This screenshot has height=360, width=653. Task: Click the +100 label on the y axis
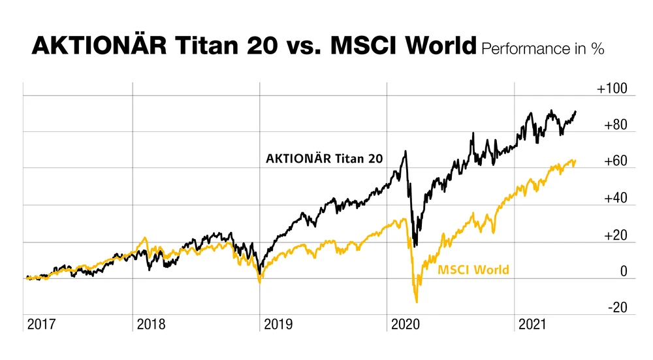pyautogui.click(x=612, y=89)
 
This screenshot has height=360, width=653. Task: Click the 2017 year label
pyautogui.click(x=41, y=325)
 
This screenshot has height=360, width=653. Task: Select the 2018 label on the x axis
pyautogui.click(x=151, y=325)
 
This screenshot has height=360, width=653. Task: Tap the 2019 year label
pyautogui.click(x=279, y=325)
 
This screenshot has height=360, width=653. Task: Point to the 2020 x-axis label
pyautogui.click(x=406, y=325)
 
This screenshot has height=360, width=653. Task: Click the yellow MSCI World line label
pyautogui.click(x=473, y=269)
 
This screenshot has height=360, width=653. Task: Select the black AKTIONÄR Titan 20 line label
pyautogui.click(x=325, y=158)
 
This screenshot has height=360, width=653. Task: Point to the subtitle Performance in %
pyautogui.click(x=543, y=49)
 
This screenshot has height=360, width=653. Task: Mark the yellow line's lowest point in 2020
pyautogui.click(x=417, y=302)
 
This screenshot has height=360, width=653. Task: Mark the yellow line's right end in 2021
pyautogui.click(x=575, y=161)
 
